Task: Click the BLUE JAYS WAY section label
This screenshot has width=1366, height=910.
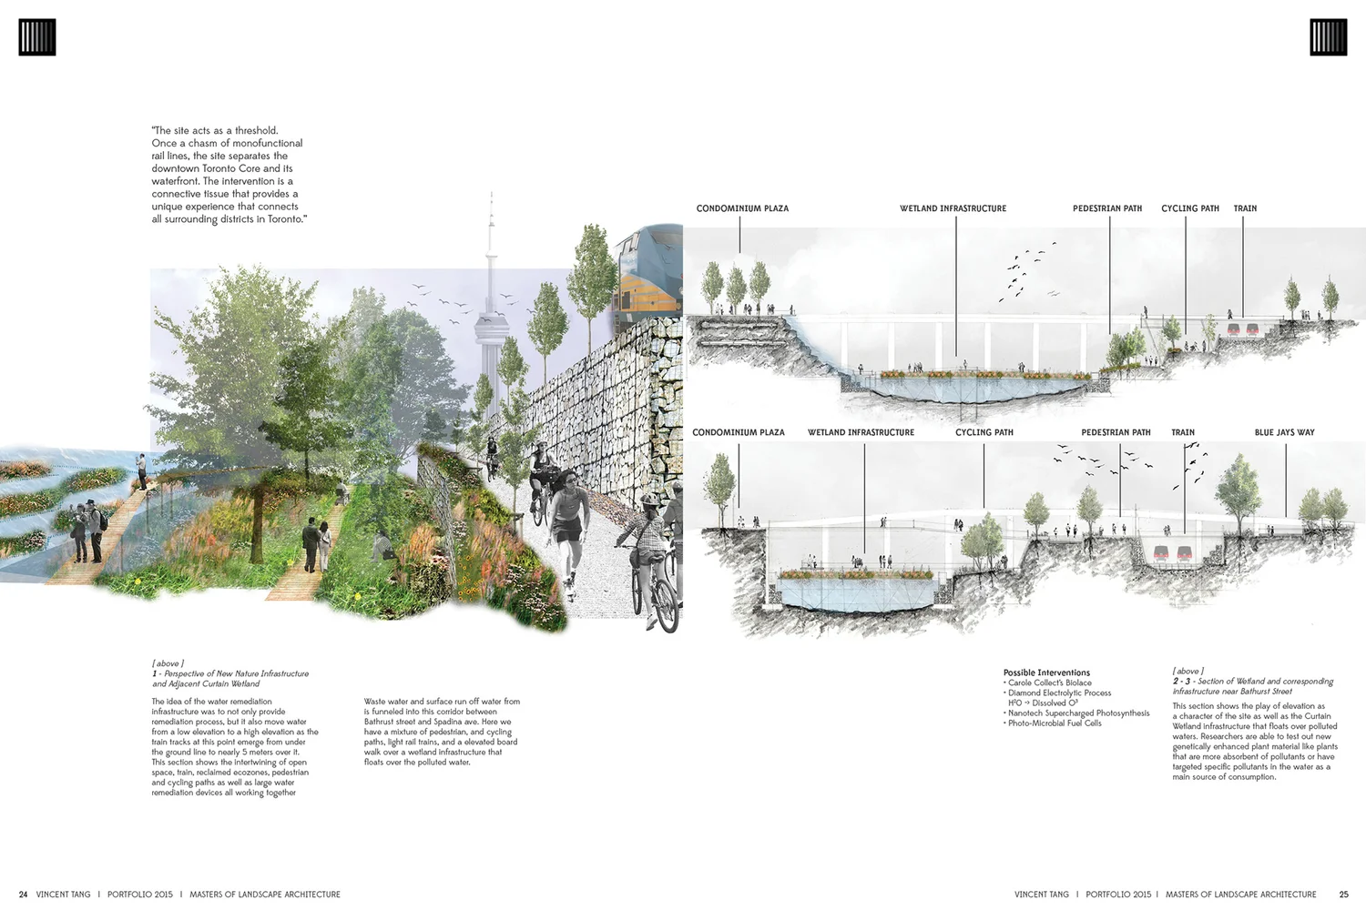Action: pyautogui.click(x=1284, y=432)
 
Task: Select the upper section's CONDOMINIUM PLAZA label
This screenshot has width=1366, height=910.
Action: pyautogui.click(x=742, y=208)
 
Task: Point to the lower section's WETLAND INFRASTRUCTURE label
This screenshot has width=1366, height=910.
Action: pyautogui.click(x=861, y=432)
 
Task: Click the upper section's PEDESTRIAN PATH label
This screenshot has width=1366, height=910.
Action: pyautogui.click(x=1106, y=208)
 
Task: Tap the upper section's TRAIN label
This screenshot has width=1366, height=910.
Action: pyautogui.click(x=1245, y=208)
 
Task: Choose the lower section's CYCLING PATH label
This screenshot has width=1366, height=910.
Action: pyautogui.click(x=984, y=432)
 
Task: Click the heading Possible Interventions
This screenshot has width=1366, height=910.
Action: pyautogui.click(x=1046, y=672)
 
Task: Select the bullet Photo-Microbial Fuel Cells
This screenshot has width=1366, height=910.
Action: pyautogui.click(x=1055, y=723)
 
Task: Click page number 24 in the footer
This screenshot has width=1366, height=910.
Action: pyautogui.click(x=23, y=895)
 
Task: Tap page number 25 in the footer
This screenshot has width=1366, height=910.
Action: pyautogui.click(x=1343, y=895)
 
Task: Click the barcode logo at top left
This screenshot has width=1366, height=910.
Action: pyautogui.click(x=37, y=37)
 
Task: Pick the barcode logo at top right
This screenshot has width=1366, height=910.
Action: pyautogui.click(x=1328, y=37)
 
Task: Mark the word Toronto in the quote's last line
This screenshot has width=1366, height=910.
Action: pyautogui.click(x=285, y=219)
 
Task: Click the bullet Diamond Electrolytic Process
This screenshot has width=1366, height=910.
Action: pyautogui.click(x=1059, y=693)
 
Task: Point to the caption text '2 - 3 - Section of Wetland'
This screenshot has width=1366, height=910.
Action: pyautogui.click(x=1252, y=682)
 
